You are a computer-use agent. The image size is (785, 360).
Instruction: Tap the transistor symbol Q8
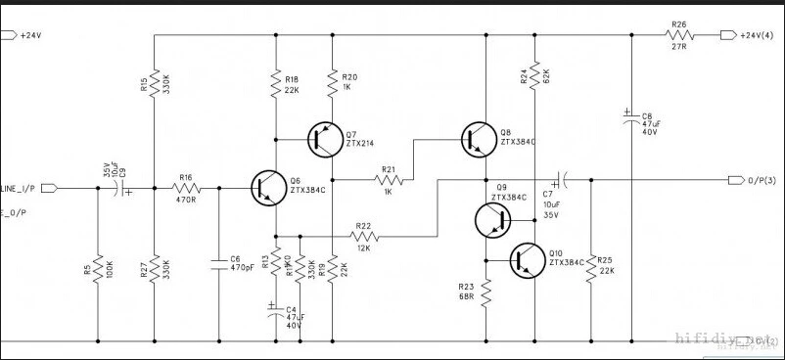[x=477, y=140]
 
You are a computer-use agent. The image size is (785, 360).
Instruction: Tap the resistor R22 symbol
[x=364, y=236]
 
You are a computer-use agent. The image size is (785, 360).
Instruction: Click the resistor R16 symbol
[x=185, y=186]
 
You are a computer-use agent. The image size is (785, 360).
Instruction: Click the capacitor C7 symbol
[x=559, y=180]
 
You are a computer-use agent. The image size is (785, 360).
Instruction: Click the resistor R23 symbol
[x=485, y=291]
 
